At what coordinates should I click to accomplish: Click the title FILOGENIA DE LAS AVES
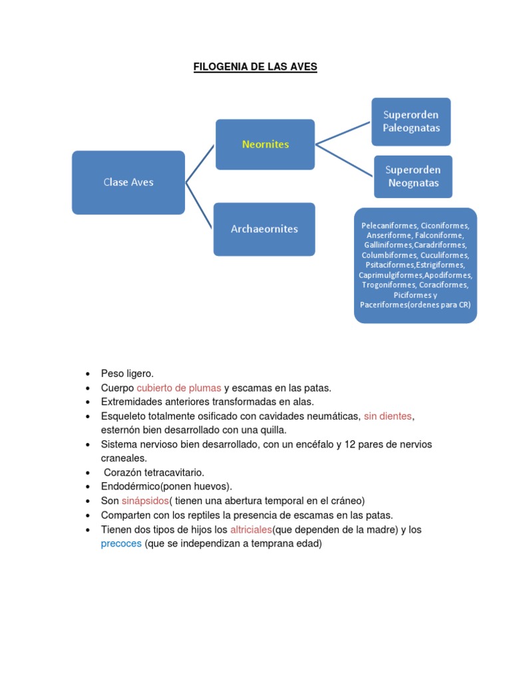(x=255, y=67)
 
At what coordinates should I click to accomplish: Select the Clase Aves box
(x=128, y=182)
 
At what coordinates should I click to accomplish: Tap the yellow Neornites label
(x=265, y=144)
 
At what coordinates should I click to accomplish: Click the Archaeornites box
(x=264, y=229)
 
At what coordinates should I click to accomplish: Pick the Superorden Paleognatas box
(x=411, y=122)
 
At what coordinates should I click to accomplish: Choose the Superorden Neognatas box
(x=413, y=176)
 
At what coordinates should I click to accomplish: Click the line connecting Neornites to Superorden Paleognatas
(x=343, y=132)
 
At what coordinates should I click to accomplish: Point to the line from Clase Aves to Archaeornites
(x=200, y=205)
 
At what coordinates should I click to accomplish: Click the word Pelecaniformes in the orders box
(x=388, y=225)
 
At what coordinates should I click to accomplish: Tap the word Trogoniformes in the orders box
(x=389, y=285)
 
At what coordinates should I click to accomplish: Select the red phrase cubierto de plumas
(x=179, y=388)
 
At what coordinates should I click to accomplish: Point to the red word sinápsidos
(x=144, y=501)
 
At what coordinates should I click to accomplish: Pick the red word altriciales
(x=251, y=530)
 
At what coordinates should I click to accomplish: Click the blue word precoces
(x=121, y=543)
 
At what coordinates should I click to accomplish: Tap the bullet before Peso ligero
(x=88, y=374)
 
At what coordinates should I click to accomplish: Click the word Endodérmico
(x=130, y=486)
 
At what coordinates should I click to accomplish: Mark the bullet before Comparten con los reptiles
(x=88, y=516)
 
